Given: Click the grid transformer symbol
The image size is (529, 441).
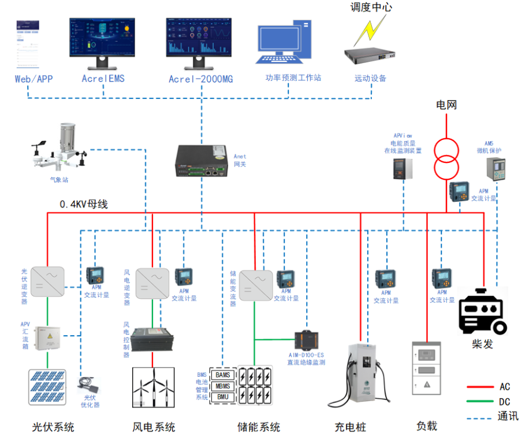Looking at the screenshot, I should pos(446,158).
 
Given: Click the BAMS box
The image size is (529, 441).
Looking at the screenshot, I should pos(222,375).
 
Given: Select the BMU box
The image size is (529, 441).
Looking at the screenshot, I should pos(222,397).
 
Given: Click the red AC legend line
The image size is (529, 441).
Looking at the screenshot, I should pos(480,387).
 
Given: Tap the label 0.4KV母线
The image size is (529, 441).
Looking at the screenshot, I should pos(84,204).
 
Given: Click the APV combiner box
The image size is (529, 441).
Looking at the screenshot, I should pos(47,339).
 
